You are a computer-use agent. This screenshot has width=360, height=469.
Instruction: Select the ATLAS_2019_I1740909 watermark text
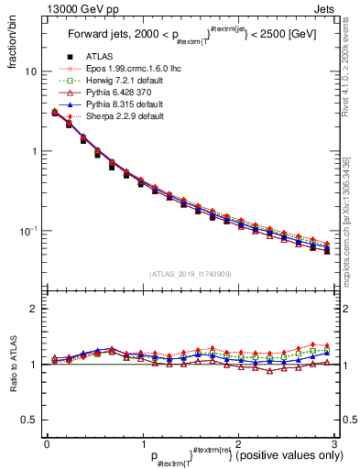[189, 274]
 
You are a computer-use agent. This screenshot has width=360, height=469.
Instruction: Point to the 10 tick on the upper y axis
[31, 71]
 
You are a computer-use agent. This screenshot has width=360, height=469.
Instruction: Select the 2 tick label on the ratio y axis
[34, 309]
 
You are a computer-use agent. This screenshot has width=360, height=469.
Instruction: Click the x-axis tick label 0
[47, 442]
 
